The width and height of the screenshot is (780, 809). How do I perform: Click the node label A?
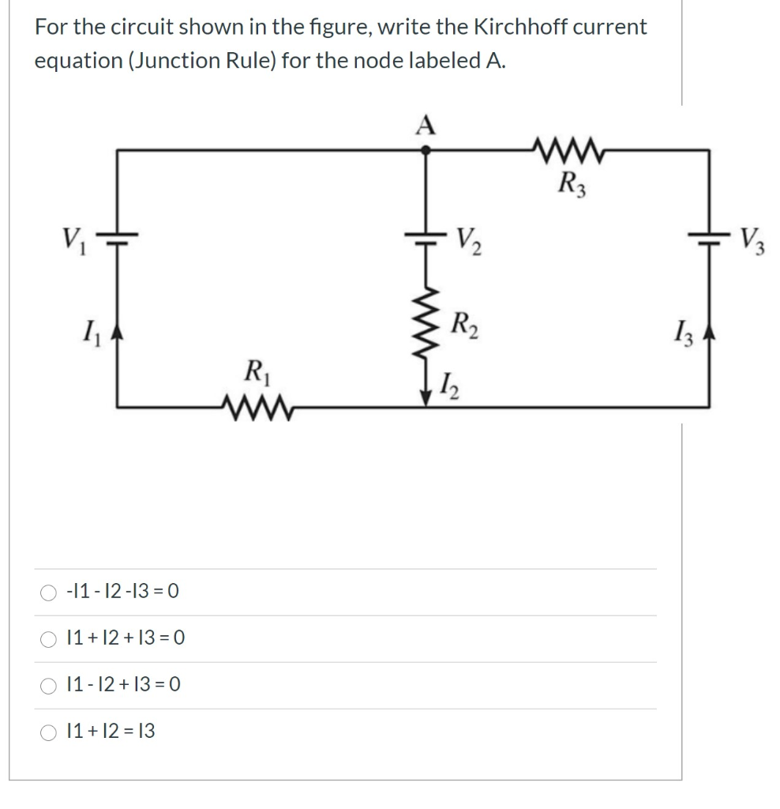point(426,125)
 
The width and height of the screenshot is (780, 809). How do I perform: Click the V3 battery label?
point(756,238)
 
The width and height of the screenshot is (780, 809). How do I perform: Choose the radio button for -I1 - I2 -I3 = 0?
point(50,592)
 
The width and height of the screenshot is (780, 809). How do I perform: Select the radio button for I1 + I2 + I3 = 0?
point(50,638)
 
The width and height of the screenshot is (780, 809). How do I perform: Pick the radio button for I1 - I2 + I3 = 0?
point(50,685)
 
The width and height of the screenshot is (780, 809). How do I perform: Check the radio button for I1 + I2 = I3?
point(50,732)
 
